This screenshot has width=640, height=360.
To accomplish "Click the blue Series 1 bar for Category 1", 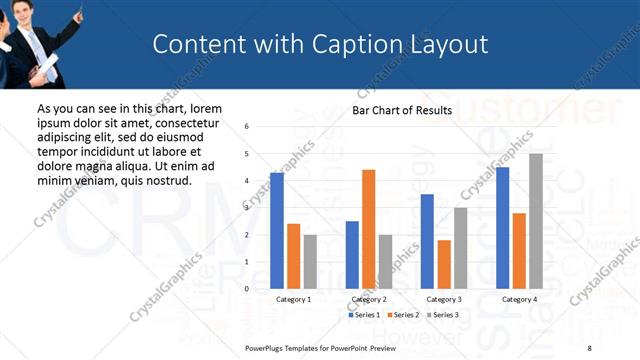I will [277, 231].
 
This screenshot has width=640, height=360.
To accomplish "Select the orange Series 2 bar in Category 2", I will [368, 229].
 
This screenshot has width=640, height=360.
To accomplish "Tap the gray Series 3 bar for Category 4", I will [536, 221].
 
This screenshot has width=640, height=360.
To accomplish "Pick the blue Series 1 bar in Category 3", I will [427, 241].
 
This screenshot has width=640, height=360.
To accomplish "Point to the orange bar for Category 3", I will [444, 264].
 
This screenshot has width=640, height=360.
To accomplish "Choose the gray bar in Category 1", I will [310, 261].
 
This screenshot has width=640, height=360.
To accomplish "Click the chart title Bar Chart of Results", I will [402, 110].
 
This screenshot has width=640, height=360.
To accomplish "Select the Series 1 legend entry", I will [364, 315].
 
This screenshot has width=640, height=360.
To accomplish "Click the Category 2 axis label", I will [368, 299].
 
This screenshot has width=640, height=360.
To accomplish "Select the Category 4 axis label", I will [519, 299].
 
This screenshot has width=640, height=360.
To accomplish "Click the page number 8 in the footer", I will [589, 348].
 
